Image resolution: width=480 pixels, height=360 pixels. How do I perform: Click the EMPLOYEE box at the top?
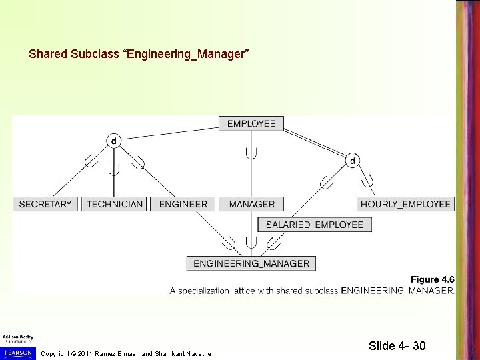tap(251, 123)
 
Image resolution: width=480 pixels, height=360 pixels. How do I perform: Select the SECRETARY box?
tap(45, 204)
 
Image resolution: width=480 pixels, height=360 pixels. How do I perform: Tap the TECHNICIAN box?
tap(115, 204)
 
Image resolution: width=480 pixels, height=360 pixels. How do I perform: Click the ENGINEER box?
tap(183, 204)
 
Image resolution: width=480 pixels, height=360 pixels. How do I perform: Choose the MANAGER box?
tap(252, 204)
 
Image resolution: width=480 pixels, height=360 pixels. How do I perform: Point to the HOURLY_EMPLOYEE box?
tap(405, 204)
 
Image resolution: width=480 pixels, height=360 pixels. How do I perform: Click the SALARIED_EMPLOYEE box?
tap(315, 225)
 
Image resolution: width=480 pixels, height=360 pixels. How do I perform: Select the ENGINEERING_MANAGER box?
tap(251, 263)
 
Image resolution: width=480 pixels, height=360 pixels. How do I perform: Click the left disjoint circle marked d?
tap(113, 141)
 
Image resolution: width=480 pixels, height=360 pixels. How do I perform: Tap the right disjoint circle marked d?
tap(352, 161)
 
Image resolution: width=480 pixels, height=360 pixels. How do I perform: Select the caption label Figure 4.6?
tap(432, 279)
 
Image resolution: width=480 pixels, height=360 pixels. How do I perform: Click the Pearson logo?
tap(18, 351)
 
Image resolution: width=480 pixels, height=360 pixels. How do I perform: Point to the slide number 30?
tap(419, 346)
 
